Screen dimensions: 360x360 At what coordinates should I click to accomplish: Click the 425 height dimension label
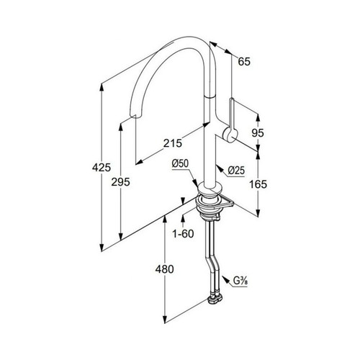pos(102,167)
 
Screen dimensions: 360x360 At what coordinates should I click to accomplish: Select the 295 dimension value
pos(120,182)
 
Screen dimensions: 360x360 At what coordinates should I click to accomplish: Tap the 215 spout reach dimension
pos(173,143)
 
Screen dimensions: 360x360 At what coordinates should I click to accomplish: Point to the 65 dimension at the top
pos(244,62)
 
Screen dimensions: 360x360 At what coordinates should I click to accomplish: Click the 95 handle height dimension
pos(258,132)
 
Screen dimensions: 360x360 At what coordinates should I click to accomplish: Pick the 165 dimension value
pos(258,184)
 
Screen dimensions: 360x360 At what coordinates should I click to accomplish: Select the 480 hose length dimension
pos(164,269)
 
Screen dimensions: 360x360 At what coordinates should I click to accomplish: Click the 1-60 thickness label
pos(183,233)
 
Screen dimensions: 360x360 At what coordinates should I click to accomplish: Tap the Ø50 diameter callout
pos(180,163)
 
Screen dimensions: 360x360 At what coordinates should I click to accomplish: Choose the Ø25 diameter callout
pos(236,171)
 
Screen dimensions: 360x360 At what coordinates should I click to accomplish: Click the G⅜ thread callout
pos(240,281)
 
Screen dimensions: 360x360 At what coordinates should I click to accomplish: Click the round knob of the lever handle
pos(230,135)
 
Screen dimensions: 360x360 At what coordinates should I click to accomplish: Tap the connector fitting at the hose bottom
pos(215,299)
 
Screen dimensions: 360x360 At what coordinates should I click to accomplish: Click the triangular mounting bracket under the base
pos(225,202)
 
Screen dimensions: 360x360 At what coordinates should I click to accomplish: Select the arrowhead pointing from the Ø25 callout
pos(219,168)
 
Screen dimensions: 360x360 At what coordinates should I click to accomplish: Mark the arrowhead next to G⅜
pos(225,279)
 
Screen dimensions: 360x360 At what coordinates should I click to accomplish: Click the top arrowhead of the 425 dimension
pos(102,87)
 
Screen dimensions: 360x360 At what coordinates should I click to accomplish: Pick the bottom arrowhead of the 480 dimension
pos(165,320)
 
